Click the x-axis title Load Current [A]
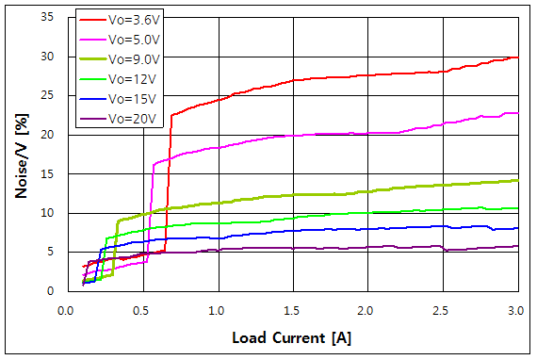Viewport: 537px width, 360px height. (x=292, y=336)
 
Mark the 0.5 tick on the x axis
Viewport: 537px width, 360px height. (x=141, y=309)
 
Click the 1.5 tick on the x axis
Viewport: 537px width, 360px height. (x=292, y=309)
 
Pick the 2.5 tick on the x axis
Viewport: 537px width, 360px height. (x=443, y=309)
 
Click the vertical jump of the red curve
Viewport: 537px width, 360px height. (x=169, y=179)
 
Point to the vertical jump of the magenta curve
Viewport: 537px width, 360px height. (x=151, y=207)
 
